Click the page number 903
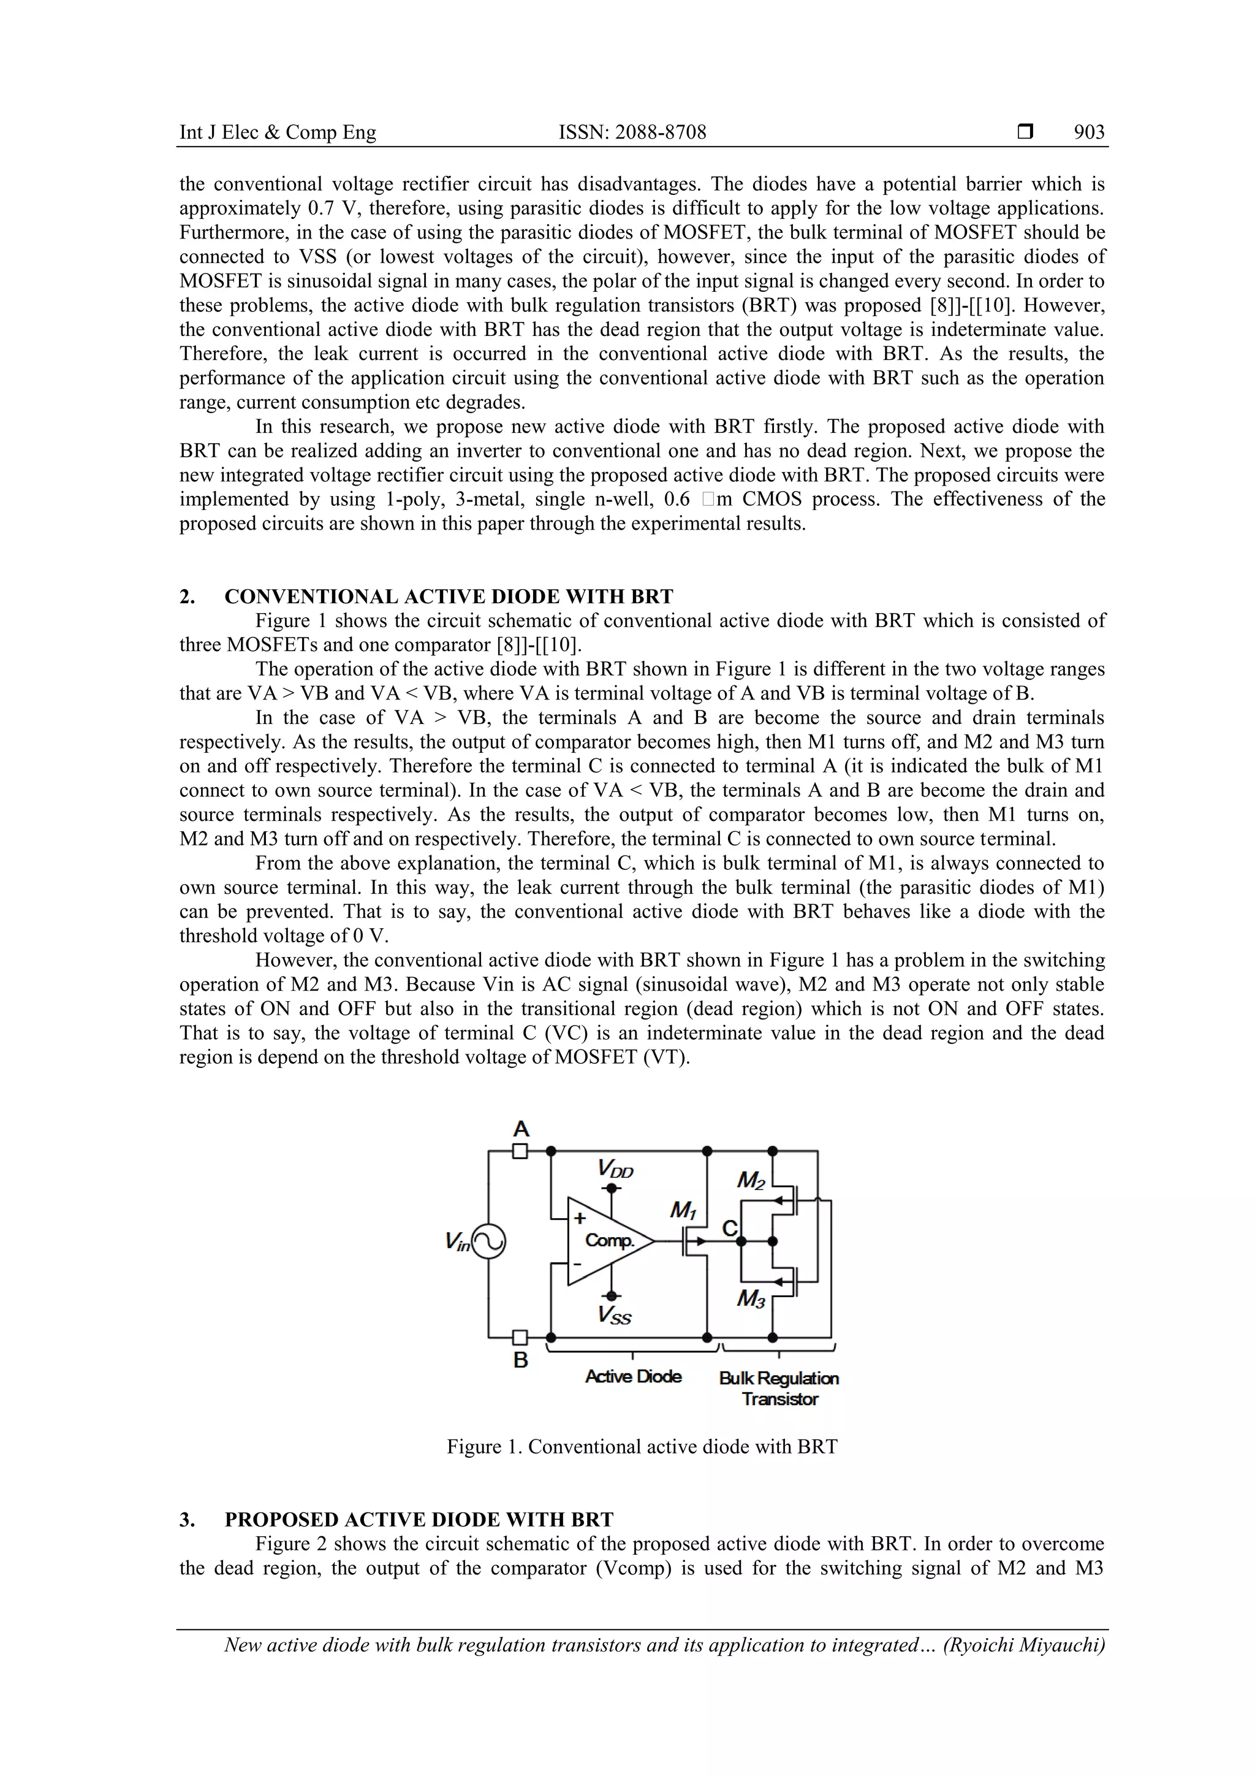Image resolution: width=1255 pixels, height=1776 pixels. click(x=1089, y=132)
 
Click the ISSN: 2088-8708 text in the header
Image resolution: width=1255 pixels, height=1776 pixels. click(x=632, y=132)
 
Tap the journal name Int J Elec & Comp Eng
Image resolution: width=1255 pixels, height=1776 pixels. click(x=278, y=132)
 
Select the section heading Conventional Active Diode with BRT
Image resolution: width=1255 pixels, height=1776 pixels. click(x=449, y=596)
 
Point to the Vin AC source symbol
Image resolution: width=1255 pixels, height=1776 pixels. click(x=488, y=1242)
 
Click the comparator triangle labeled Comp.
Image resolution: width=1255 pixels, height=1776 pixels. click(x=608, y=1241)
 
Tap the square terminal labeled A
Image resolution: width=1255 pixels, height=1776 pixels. click(x=520, y=1151)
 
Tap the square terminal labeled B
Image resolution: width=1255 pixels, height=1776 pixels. click(x=520, y=1338)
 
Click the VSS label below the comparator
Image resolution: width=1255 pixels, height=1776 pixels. click(x=615, y=1314)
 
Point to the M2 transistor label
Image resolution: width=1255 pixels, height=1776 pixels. click(x=751, y=1180)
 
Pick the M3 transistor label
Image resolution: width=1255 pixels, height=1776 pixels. click(x=751, y=1298)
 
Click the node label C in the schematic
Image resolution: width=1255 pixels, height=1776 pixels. click(x=729, y=1229)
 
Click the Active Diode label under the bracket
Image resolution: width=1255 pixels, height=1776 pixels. click(x=633, y=1376)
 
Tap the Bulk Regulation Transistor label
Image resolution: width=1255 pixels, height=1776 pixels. click(x=779, y=1389)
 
